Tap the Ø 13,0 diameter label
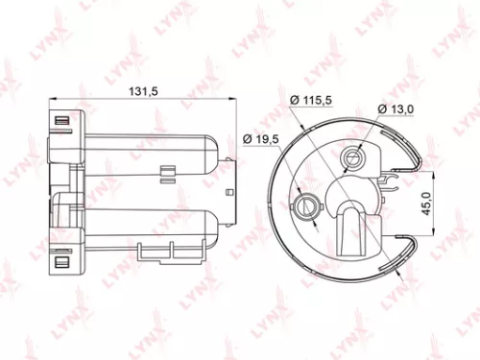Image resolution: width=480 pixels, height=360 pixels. (x=396, y=109)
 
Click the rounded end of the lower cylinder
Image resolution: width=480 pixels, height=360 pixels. (x=219, y=226)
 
